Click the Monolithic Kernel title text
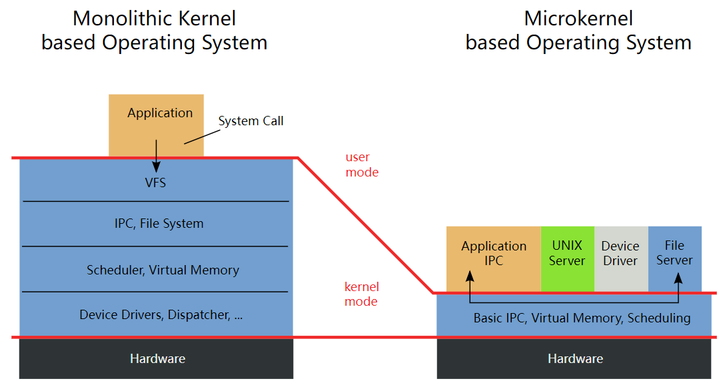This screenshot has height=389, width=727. coord(154,31)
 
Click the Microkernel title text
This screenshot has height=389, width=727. coord(578,31)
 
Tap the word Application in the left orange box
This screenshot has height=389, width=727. coord(160,113)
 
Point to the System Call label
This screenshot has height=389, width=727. coord(251,121)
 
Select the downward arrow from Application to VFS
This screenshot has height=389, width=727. coord(157,157)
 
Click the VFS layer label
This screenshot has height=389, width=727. coord(156,182)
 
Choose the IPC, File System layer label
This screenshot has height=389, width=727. coord(159,224)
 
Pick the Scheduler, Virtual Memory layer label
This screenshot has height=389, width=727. coord(163,270)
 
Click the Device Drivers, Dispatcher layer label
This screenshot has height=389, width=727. coord(161,315)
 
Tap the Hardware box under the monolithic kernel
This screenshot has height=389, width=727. coord(157,359)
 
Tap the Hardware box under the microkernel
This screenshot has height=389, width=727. coord(575,359)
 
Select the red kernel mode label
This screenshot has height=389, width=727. coord(361,294)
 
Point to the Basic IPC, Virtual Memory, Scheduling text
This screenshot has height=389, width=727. coord(582,318)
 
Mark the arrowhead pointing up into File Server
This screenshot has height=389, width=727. coord(679,276)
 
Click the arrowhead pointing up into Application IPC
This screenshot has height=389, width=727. coord(470,276)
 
